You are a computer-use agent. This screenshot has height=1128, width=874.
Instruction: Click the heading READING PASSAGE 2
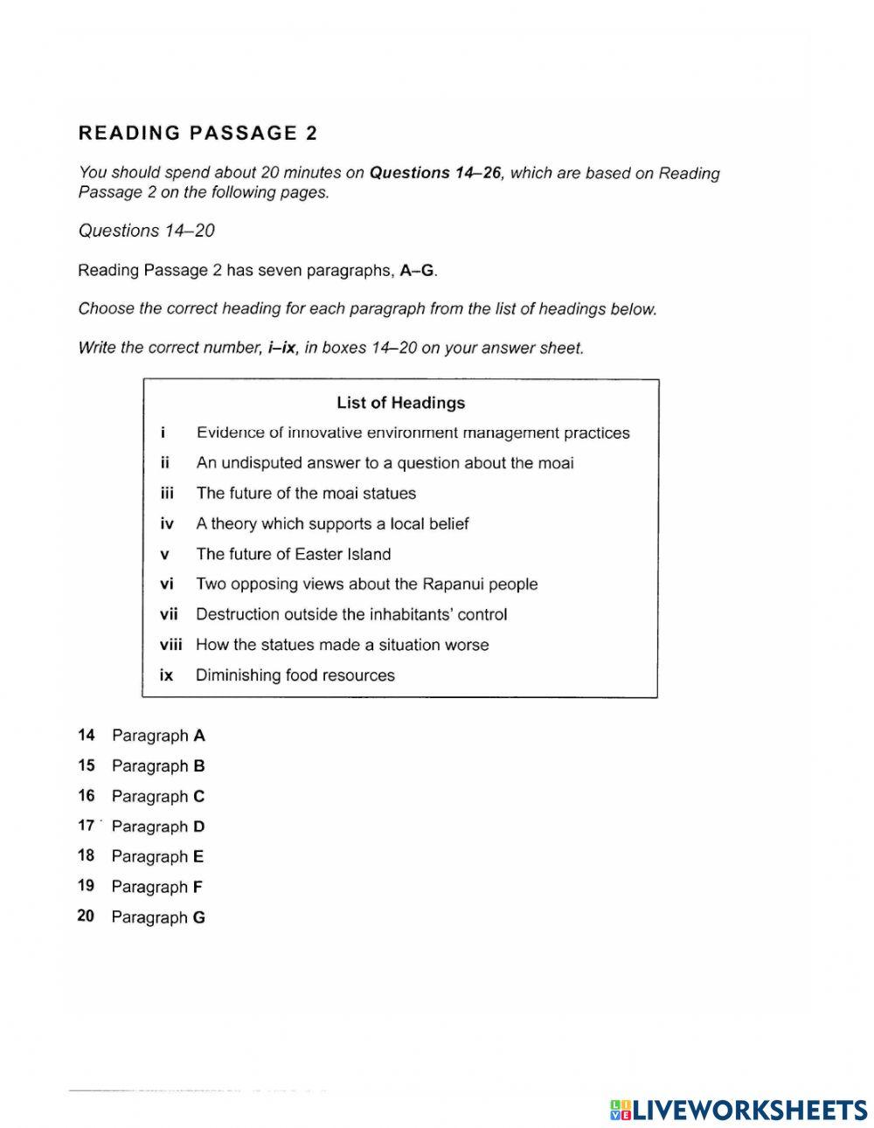click(198, 134)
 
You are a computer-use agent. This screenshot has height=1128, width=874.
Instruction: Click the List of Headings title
click(400, 403)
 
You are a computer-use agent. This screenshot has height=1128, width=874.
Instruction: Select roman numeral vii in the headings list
click(168, 614)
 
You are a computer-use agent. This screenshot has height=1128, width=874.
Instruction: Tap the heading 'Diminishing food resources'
click(295, 675)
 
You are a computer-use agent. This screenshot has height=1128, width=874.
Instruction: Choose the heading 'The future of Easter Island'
click(293, 554)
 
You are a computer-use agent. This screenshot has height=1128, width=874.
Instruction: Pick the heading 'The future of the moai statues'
click(306, 494)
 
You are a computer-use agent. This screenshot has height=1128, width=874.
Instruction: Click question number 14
click(86, 736)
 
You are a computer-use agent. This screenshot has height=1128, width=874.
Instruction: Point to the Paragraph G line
click(157, 917)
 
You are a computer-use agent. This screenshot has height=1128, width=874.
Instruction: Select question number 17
click(86, 826)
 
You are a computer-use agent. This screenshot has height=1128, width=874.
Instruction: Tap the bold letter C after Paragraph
click(199, 797)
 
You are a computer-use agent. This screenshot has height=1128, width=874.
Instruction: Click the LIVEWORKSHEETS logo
click(739, 1110)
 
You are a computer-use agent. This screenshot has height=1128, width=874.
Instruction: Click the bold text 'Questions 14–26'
click(435, 173)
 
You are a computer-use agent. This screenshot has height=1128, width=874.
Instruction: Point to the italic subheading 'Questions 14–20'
click(146, 231)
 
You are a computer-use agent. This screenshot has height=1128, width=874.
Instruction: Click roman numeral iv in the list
click(167, 524)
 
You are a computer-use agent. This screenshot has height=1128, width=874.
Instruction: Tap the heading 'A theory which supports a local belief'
click(332, 524)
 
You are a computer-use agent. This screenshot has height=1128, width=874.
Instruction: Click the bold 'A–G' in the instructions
click(417, 270)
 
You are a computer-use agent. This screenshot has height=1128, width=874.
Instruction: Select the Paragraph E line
click(157, 857)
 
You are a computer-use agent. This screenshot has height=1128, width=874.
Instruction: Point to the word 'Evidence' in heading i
click(229, 433)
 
